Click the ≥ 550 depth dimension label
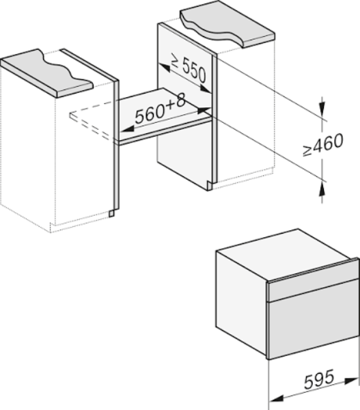click(189, 68)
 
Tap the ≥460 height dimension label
click(323, 144)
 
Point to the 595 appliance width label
click(319, 379)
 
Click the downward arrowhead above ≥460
click(322, 108)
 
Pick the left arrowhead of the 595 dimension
click(276, 398)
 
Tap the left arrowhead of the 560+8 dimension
click(127, 129)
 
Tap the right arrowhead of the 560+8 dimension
click(204, 110)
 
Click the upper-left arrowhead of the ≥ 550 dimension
click(165, 68)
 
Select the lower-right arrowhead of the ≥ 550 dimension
click(205, 88)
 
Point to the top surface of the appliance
click(285, 254)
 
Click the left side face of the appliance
click(242, 303)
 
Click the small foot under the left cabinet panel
click(111, 213)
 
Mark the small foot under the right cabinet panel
click(210, 185)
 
